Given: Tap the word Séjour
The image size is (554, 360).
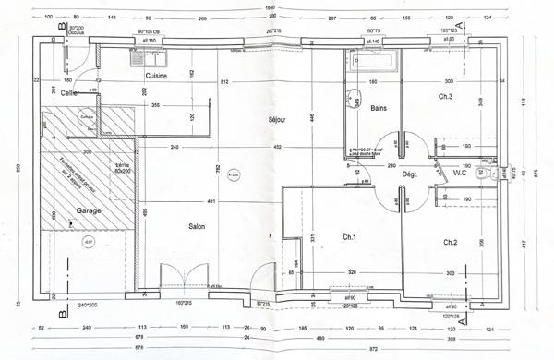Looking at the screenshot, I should tap(278, 119).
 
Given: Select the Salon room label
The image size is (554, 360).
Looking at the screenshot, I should tap(196, 227).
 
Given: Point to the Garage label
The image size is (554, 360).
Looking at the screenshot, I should tap(89, 210).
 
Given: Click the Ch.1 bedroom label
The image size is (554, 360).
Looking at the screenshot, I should tap(349, 238).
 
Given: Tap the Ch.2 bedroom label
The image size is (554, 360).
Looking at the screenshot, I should tap(450, 242).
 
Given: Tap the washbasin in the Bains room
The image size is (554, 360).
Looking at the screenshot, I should tap(353, 102).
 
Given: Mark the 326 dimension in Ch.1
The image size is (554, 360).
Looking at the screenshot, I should tap(352, 273).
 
